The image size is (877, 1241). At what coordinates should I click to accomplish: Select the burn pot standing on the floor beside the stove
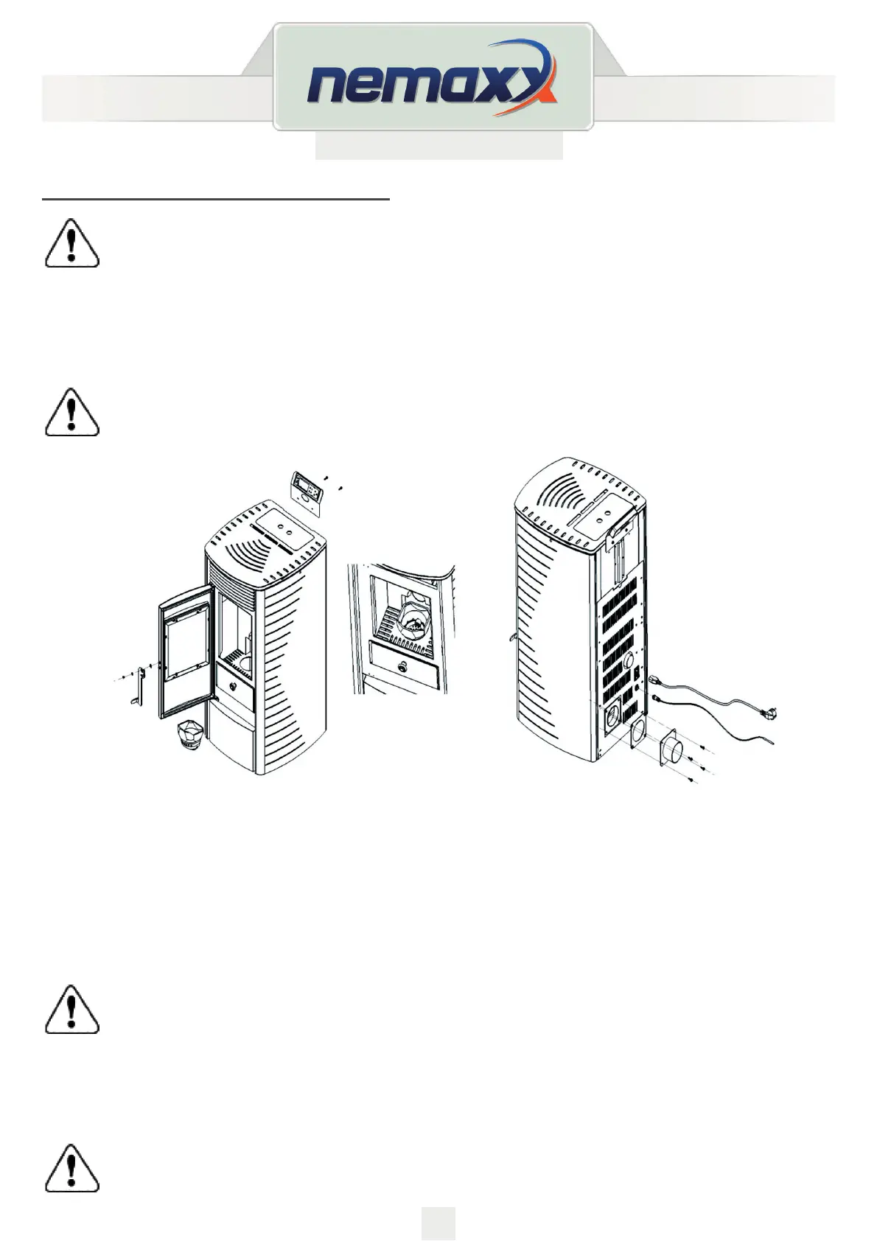[x=192, y=735]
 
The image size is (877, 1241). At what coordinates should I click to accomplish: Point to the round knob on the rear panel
[x=629, y=661]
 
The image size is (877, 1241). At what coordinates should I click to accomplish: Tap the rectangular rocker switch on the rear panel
[x=637, y=673]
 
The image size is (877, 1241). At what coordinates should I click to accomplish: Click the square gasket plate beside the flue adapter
[x=638, y=734]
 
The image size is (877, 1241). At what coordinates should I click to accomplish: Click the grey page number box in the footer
[x=438, y=1223]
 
